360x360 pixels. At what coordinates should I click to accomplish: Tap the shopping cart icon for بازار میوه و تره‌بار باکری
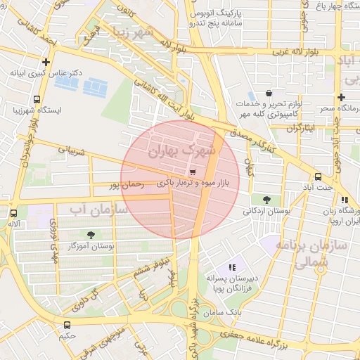193,172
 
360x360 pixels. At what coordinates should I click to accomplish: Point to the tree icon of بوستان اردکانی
265,200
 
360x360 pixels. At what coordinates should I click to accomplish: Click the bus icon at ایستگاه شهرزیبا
37,99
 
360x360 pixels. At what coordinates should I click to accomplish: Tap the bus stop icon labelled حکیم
67,325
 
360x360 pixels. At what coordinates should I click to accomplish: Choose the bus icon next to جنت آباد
319,176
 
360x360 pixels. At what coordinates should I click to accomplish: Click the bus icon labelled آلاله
13,212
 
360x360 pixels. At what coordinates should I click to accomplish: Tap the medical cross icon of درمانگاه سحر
341,97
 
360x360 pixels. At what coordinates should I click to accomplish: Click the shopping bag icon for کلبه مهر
269,94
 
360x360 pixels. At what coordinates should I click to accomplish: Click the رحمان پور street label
126,185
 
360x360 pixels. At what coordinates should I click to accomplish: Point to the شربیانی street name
71,151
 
